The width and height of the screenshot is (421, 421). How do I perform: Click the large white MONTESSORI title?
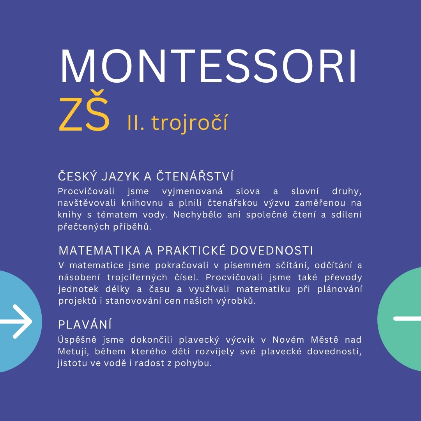coord(208,66)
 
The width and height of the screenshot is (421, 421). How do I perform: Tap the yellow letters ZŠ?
coord(84,111)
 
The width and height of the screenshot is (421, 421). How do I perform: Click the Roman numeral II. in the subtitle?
coord(136,123)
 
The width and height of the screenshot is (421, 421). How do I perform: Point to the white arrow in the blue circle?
coord(16,321)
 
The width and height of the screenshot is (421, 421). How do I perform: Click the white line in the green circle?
coord(407,319)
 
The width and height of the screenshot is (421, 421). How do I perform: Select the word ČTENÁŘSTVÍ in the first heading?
coord(195,176)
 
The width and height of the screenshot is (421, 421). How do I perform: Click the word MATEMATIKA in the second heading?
coord(100,251)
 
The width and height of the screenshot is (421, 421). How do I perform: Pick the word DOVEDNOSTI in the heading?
coord(271,251)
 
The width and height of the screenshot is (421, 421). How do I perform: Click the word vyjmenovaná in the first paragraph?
coord(192,191)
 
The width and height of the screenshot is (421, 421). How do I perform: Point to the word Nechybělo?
coord(198,214)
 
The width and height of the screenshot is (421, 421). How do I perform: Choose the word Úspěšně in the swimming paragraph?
coord(77,340)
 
